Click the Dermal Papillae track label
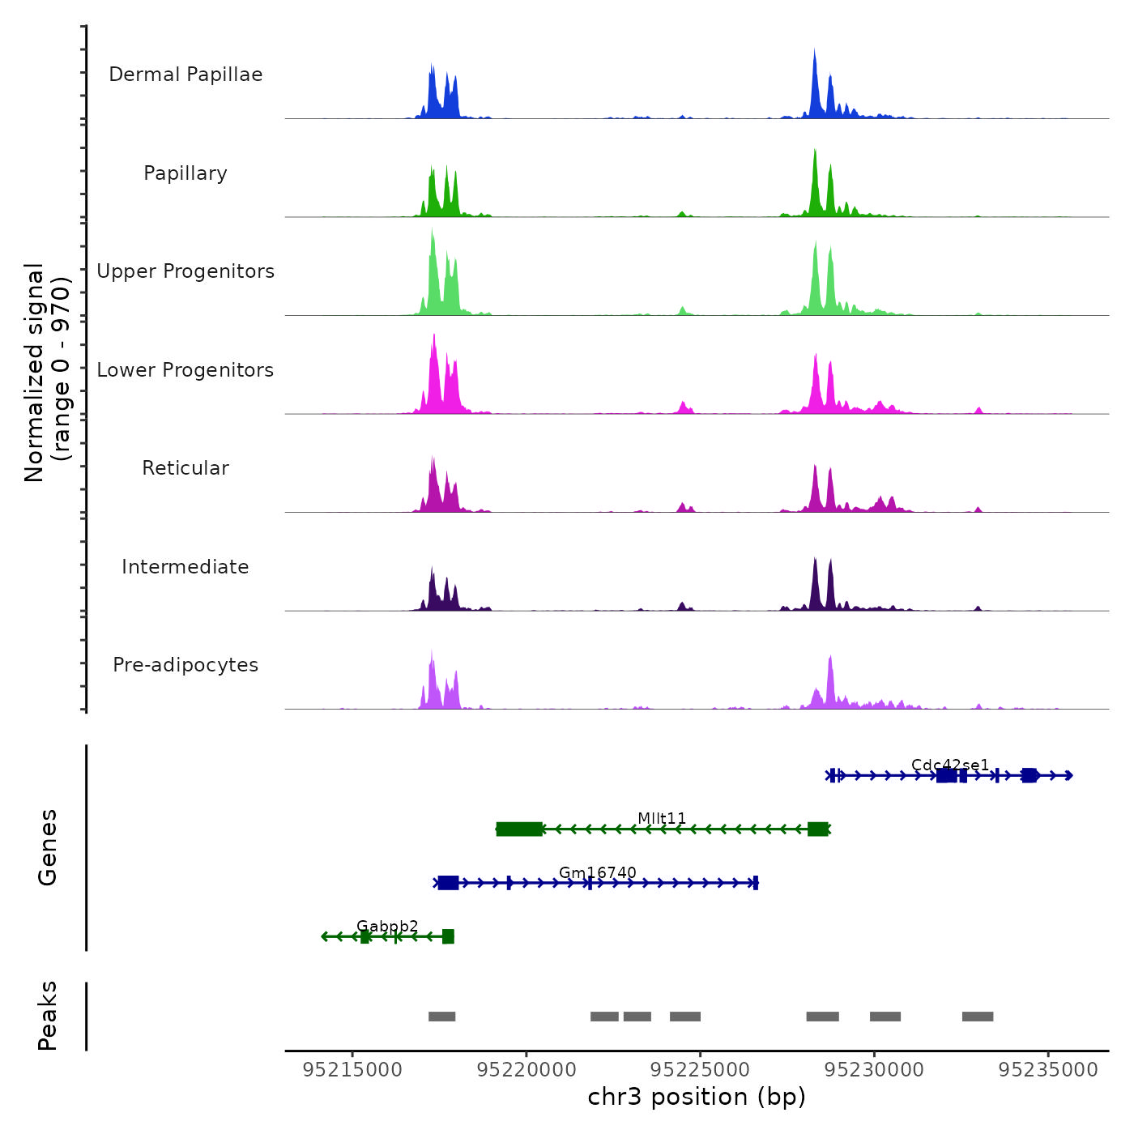click(185, 75)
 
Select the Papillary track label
click(185, 173)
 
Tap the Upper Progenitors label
click(185, 271)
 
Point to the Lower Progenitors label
click(185, 370)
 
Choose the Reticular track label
click(185, 468)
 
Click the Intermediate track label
click(185, 567)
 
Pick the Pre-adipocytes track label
click(185, 665)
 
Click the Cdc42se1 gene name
click(950, 765)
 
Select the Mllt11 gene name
click(662, 818)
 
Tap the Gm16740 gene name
click(598, 872)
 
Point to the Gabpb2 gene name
click(387, 926)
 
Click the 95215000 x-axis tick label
click(352, 1070)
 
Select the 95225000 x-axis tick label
click(700, 1070)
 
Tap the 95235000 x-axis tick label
click(1048, 1070)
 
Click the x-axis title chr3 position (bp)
click(697, 1097)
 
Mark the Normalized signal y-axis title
click(47, 373)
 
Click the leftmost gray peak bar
click(441, 1017)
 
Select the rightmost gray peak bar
click(978, 1017)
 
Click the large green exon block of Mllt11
click(519, 829)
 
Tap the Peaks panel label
click(48, 1016)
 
